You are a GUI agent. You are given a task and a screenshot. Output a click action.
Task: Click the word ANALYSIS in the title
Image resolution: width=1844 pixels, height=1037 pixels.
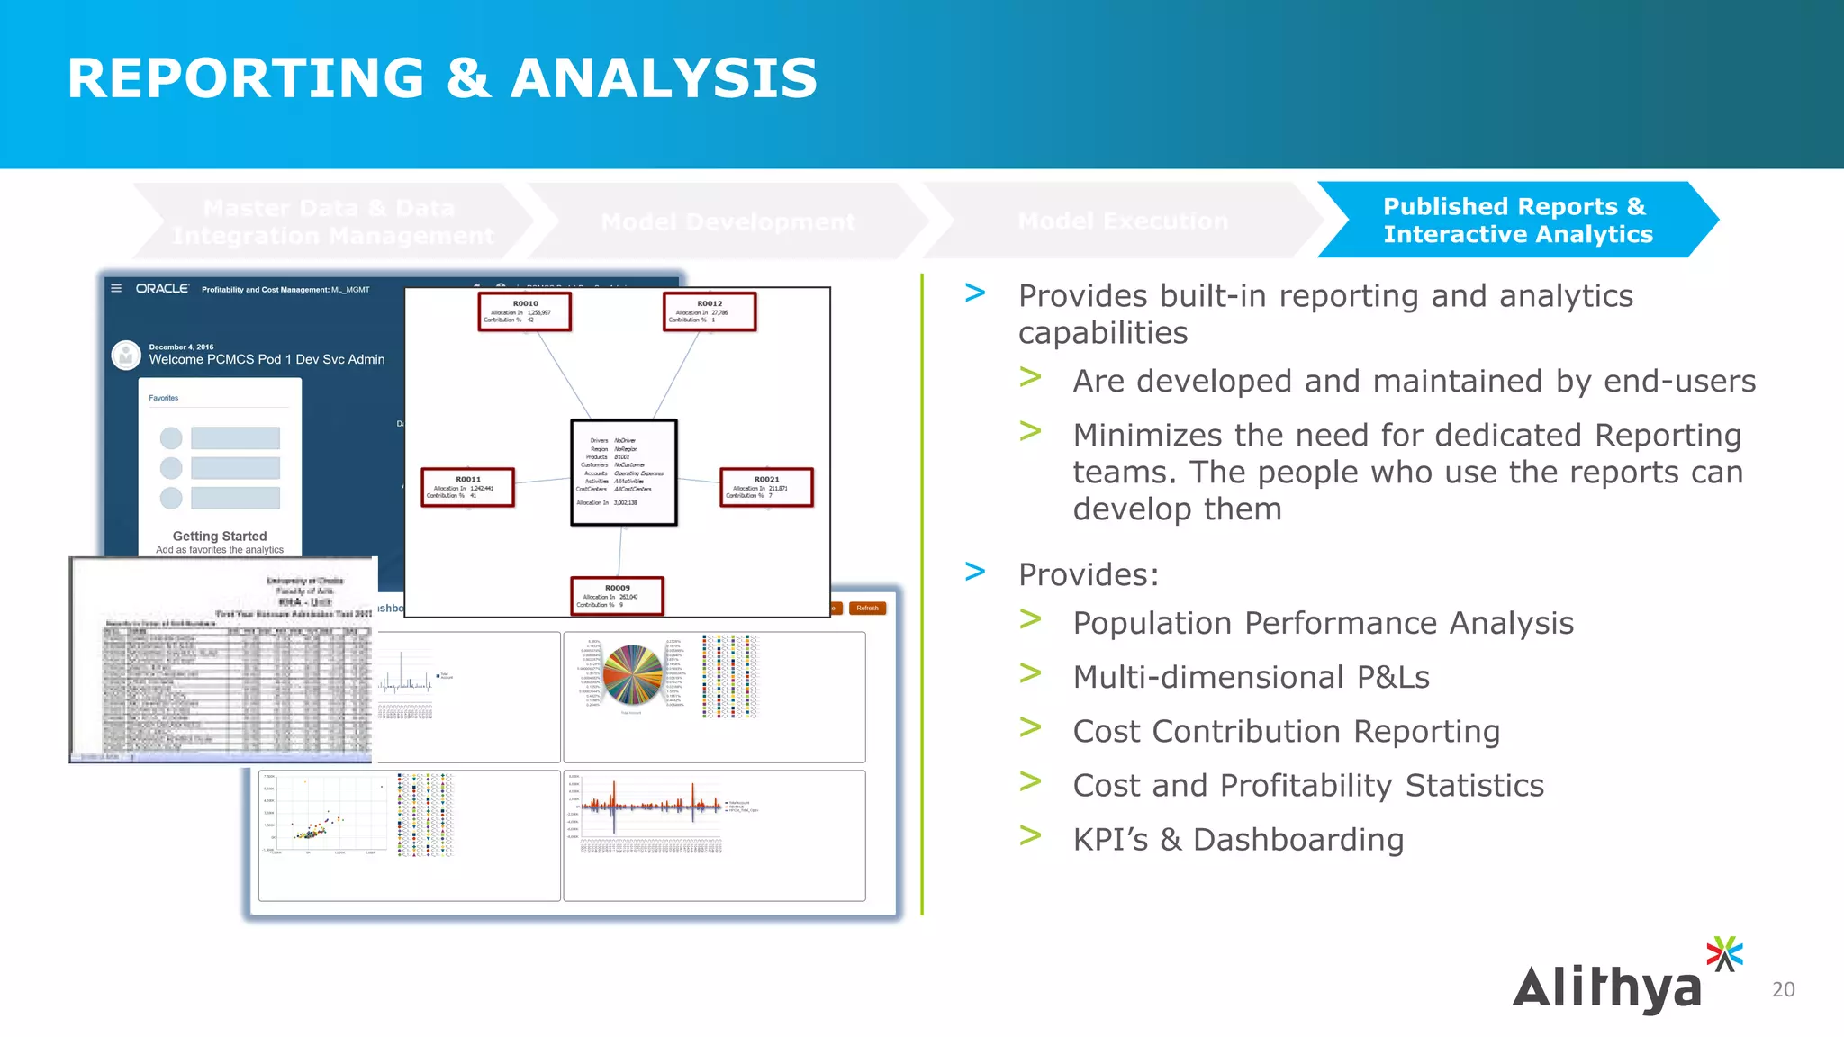pyautogui.click(x=664, y=78)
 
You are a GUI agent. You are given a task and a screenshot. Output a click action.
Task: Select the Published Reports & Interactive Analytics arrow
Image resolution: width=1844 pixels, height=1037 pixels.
pyautogui.click(x=1517, y=221)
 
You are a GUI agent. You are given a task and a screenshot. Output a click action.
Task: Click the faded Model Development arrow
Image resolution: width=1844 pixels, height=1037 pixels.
pyautogui.click(x=728, y=221)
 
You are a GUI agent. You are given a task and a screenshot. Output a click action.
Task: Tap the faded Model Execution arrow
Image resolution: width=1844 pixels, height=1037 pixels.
pyautogui.click(x=1122, y=221)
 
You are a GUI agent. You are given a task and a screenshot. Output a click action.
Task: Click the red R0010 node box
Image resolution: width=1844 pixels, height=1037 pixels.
pyautogui.click(x=525, y=311)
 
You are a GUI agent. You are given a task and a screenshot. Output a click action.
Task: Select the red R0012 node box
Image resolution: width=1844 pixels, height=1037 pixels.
pyautogui.click(x=710, y=311)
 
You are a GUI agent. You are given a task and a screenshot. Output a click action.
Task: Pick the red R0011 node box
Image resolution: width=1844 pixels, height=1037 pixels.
pyautogui.click(x=467, y=487)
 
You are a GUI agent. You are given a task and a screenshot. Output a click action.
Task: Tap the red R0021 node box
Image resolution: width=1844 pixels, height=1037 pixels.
pyautogui.click(x=766, y=487)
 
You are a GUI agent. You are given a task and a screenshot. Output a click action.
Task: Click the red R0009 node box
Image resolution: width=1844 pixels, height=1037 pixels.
pyautogui.click(x=618, y=596)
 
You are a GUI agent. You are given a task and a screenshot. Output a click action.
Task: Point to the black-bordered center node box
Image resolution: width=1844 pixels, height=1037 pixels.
pyautogui.click(x=623, y=472)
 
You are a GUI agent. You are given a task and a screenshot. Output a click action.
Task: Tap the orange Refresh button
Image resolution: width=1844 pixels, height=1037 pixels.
pyautogui.click(x=867, y=609)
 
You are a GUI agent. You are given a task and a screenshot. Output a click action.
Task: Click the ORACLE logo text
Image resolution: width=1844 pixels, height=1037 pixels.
pyautogui.click(x=162, y=289)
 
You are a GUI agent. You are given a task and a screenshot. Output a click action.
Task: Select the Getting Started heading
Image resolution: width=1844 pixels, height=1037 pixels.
pyautogui.click(x=220, y=536)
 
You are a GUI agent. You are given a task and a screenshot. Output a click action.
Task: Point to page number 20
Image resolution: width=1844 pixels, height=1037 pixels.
pyautogui.click(x=1783, y=989)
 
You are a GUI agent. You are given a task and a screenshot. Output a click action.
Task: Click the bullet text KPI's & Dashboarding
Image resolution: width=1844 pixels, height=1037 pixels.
pyautogui.click(x=1238, y=840)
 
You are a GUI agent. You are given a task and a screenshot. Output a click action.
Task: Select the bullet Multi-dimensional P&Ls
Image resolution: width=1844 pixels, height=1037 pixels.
pyautogui.click(x=1251, y=677)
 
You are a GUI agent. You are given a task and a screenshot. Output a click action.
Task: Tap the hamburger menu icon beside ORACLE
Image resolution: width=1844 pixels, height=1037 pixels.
pyautogui.click(x=116, y=289)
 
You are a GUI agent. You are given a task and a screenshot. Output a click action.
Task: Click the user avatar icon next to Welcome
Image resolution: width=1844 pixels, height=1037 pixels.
pyautogui.click(x=126, y=356)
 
